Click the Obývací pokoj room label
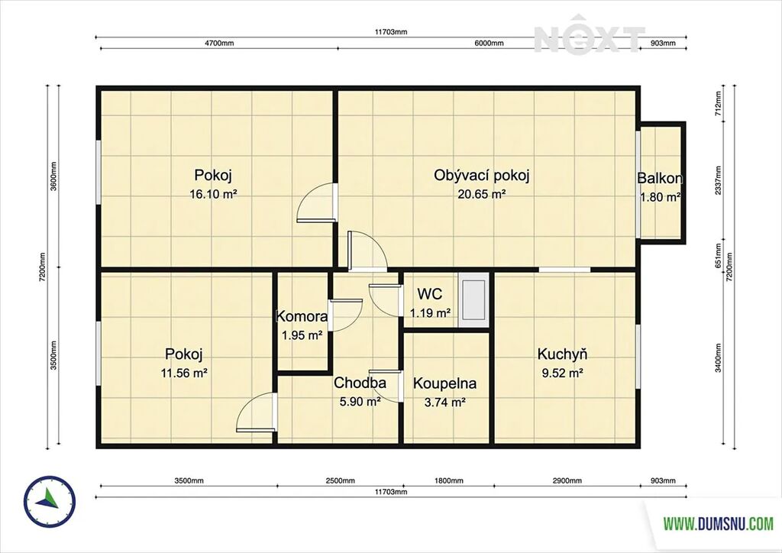coord(481,176)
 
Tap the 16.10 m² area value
coord(213,194)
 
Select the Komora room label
coord(302,316)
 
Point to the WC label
coord(429,294)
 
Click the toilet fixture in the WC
coord(473,299)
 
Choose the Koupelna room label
coord(445,383)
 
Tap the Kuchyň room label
coord(562,354)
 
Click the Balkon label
coord(659,178)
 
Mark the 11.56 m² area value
coord(184,373)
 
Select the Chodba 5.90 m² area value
coord(360,402)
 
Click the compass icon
coord(50,502)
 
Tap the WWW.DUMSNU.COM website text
coord(718,523)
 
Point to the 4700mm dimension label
coord(219,43)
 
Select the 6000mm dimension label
coord(489,43)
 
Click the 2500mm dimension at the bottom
coord(340,480)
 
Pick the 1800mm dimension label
coord(449,480)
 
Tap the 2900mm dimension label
coord(567,480)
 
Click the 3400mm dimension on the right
coord(718,357)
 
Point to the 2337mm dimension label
coord(718,180)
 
